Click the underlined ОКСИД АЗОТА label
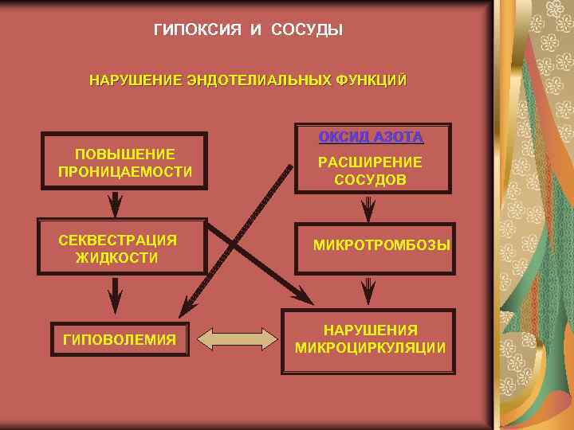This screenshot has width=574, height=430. point(371,136)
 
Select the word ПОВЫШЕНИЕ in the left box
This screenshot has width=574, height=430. point(125,154)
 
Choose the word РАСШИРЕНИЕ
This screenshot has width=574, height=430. point(370,162)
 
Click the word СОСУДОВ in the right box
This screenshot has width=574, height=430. point(370,180)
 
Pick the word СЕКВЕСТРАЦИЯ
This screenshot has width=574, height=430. point(118,240)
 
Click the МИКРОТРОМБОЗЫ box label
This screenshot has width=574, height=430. point(381,244)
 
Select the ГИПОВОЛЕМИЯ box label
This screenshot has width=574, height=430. point(120,340)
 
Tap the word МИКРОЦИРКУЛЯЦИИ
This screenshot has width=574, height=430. point(370,348)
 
